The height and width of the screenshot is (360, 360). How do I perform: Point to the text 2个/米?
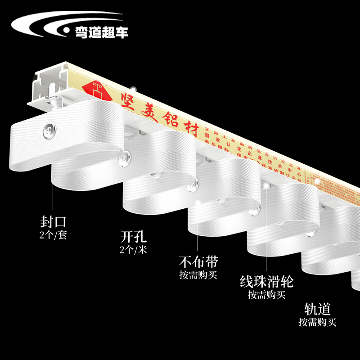134,250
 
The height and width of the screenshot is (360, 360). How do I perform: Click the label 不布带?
198,261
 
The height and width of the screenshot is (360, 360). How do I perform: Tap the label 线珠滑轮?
266,282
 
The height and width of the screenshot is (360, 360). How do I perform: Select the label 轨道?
318,309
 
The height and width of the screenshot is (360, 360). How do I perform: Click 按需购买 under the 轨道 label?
318,322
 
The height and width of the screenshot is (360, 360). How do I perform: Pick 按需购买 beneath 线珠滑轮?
266,295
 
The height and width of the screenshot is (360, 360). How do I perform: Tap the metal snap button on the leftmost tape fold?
47,131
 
